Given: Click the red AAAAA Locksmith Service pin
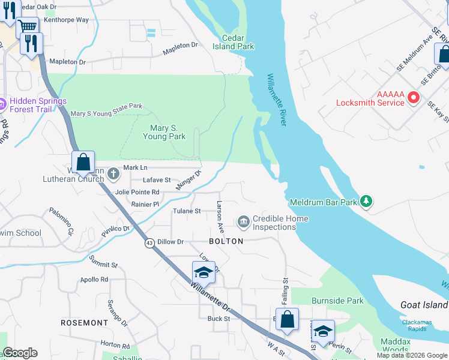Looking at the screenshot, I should coord(413,97).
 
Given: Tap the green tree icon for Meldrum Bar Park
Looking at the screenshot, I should coord(365,202).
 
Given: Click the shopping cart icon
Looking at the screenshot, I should coord(27,26).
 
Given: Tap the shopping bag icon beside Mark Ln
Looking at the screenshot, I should coord(83,161).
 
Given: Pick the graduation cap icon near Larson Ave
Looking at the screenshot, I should coord(203,273).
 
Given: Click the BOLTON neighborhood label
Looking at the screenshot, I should coord(226,241).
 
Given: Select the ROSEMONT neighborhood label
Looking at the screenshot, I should coord(85,323).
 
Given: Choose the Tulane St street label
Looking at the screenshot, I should coord(187,211).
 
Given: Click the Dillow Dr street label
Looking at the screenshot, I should coord(170,241).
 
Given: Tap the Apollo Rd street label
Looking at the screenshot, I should coord(95,280).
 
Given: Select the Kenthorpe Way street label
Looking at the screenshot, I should coord(66,20).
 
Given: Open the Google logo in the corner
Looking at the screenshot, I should coord(20,353).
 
